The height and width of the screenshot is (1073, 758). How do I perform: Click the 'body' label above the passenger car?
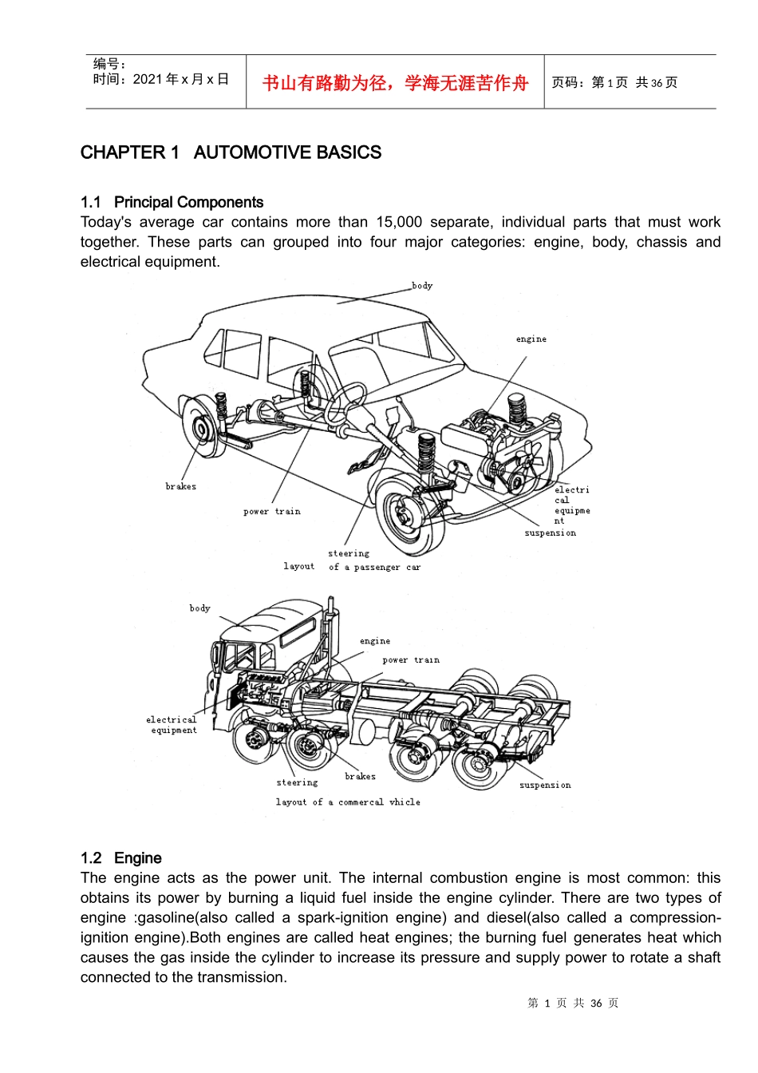(x=422, y=286)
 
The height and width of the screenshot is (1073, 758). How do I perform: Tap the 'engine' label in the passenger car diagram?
(x=531, y=339)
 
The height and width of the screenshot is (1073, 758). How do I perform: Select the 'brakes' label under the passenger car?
(x=181, y=486)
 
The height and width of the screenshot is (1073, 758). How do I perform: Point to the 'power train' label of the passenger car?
(x=272, y=512)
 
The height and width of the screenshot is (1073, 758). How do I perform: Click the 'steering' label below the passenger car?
(x=349, y=553)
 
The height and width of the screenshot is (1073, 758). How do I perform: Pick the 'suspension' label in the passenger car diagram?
(x=550, y=533)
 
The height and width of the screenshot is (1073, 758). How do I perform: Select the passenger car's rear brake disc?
(x=201, y=427)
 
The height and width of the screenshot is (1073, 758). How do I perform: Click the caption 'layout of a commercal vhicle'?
(x=348, y=802)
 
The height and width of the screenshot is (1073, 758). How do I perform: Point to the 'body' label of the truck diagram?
(x=200, y=608)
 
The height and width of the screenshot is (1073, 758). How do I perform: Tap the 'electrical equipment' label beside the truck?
(x=172, y=725)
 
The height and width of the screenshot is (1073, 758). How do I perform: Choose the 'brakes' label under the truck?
(x=360, y=777)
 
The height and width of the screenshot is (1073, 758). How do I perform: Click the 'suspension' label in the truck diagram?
(x=545, y=786)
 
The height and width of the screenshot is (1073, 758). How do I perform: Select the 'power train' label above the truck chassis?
(x=411, y=660)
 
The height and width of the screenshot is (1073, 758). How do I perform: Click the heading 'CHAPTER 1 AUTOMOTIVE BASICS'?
(x=231, y=152)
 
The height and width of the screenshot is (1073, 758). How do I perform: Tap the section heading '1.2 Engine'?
(x=121, y=858)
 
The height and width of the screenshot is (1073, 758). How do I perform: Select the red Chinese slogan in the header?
(x=395, y=83)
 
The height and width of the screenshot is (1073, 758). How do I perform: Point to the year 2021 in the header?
(x=148, y=79)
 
